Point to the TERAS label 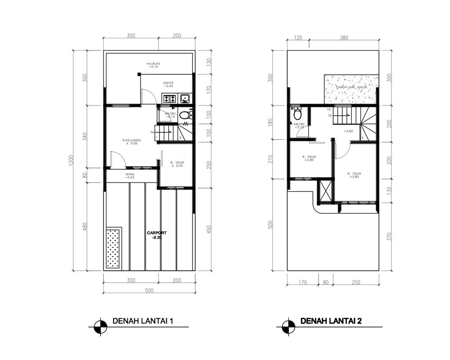click(x=130, y=174)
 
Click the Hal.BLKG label click(x=153, y=64)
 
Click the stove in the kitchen click(x=169, y=99)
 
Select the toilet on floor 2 click(x=298, y=114)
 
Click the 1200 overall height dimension click(x=72, y=161)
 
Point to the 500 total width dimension click(x=149, y=290)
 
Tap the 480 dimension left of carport click(x=85, y=227)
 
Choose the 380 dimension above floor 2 click(x=344, y=38)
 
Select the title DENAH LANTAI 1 click(x=143, y=321)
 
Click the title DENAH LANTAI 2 click(x=330, y=321)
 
